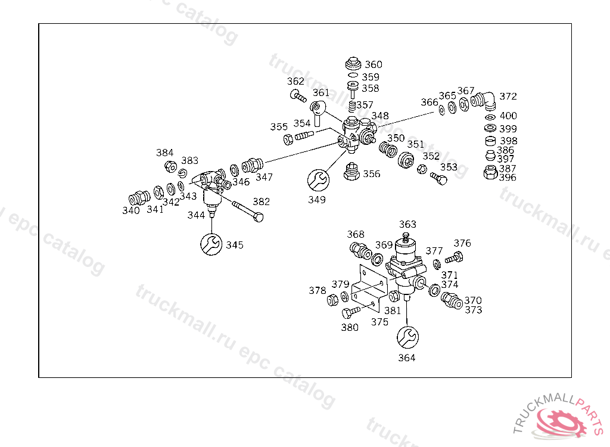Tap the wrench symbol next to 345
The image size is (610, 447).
pyautogui.click(x=210, y=244)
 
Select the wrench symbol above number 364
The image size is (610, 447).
pyautogui.click(x=408, y=337)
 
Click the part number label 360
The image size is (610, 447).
pyautogui.click(x=374, y=64)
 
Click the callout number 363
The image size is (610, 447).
pyautogui.click(x=408, y=224)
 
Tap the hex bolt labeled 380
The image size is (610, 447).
pyautogui.click(x=351, y=312)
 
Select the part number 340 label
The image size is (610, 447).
pyautogui.click(x=131, y=210)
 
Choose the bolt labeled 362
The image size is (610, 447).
pyautogui.click(x=297, y=95)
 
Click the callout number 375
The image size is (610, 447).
pyautogui.click(x=379, y=322)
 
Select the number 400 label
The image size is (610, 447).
pyautogui.click(x=508, y=116)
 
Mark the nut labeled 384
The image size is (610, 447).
pyautogui.click(x=169, y=166)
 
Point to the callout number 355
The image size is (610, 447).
pyautogui.click(x=279, y=127)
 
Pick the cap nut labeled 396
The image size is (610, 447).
pyautogui.click(x=490, y=173)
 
